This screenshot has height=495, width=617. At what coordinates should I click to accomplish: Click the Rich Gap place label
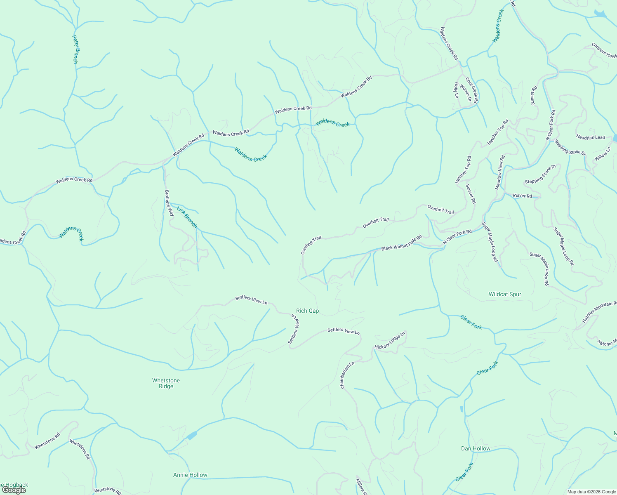point(308,311)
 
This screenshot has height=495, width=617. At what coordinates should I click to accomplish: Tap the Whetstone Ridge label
point(166,383)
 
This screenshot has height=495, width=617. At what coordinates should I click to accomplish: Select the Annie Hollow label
point(190,475)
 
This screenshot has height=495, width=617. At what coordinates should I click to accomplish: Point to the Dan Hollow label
point(476,448)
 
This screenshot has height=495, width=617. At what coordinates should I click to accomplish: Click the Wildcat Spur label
point(505,294)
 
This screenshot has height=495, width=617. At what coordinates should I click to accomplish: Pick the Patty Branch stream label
point(75,49)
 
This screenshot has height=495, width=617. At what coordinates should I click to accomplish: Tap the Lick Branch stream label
point(187,217)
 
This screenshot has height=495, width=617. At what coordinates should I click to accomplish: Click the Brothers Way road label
point(169,203)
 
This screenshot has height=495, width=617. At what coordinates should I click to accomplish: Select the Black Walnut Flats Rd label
point(401,243)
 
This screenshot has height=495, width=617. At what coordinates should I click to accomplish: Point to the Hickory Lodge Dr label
point(390,341)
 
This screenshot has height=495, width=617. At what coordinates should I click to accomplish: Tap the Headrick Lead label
point(591,137)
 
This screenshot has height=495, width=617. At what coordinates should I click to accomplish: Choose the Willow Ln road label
point(603,154)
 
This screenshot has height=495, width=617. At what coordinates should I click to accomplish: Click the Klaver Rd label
point(523,196)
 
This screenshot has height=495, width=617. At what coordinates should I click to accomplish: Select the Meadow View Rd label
point(500,172)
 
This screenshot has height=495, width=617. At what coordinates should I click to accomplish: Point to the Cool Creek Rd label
point(471,90)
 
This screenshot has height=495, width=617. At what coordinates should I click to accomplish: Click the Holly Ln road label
point(457,90)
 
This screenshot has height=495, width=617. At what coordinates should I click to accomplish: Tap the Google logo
point(14,490)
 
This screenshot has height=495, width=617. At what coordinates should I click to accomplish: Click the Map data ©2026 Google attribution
point(591,492)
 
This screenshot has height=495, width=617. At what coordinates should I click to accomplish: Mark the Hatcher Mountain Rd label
point(599,312)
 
